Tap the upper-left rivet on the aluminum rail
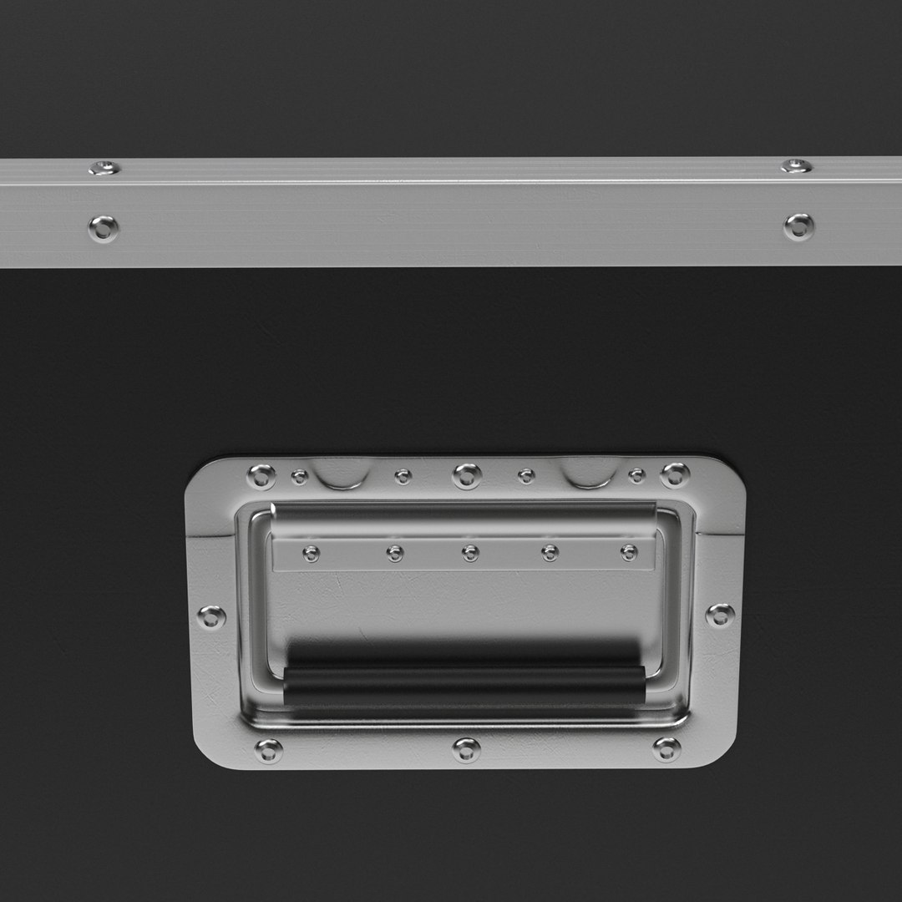(x=104, y=168)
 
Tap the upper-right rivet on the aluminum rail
(x=796, y=165)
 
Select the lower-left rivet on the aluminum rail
(x=104, y=227)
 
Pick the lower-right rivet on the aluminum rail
(x=798, y=225)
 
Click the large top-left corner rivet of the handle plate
(x=261, y=476)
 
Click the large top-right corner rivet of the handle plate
(x=675, y=475)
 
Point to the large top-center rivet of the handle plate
(x=467, y=476)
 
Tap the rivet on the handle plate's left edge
(x=211, y=617)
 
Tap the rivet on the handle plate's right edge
(x=720, y=616)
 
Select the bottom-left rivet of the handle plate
(x=268, y=751)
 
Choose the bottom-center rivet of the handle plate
(x=466, y=749)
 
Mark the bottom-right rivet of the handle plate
(x=666, y=748)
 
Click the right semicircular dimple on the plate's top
(x=590, y=472)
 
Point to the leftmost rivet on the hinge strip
(x=312, y=553)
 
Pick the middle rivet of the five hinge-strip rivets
(x=470, y=553)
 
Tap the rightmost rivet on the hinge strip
(x=629, y=552)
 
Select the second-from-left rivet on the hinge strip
(x=395, y=553)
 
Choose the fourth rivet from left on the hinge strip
(x=550, y=553)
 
